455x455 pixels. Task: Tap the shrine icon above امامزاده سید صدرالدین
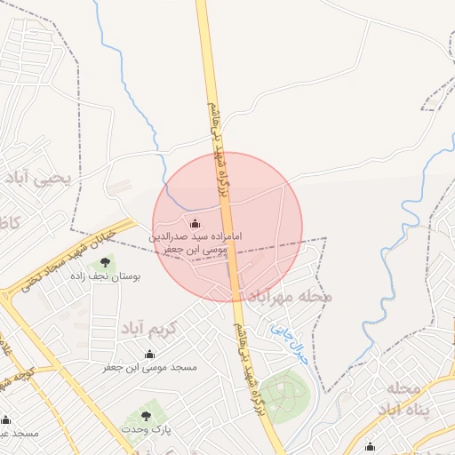coord(195,222)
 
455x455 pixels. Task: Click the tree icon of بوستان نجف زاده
coord(107,262)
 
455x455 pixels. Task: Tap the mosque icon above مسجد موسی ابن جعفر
coord(149,354)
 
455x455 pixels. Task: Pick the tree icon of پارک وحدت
coord(146,415)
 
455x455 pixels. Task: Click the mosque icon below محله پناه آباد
coord(369,446)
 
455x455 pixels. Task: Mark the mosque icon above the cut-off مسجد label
coord(6,419)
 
